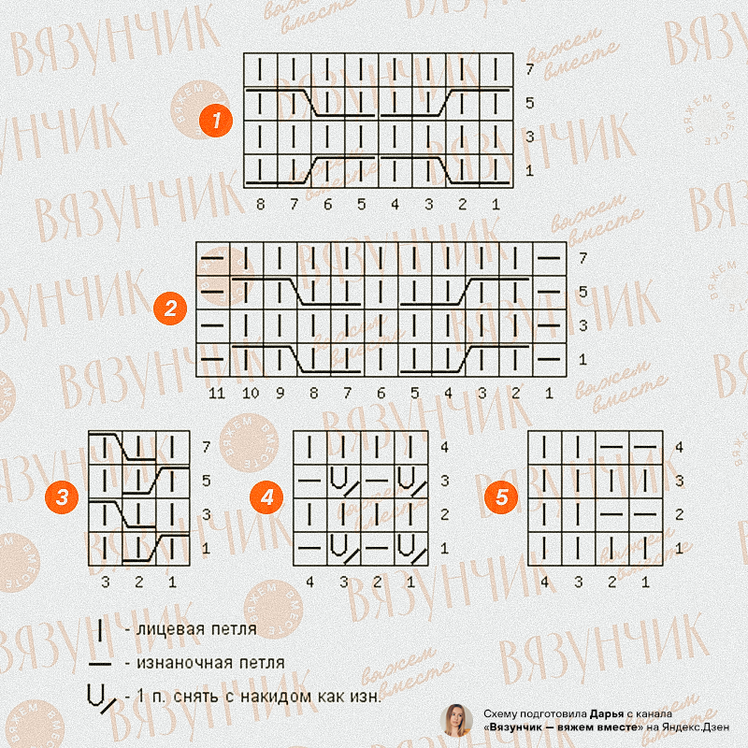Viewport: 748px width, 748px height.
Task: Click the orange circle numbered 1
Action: coord(216,120)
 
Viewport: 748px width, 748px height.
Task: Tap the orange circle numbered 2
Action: coord(170,309)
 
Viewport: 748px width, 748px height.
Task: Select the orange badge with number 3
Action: coord(62,497)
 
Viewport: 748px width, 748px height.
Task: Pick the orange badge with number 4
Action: coord(266,497)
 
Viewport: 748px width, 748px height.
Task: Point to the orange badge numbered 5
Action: coord(501,497)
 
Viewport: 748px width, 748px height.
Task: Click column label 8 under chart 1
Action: coord(260,204)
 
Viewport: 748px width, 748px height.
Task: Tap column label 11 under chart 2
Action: coord(217,393)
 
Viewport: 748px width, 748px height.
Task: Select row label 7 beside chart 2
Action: coord(583,258)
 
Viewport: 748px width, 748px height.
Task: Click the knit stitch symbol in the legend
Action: coord(100,629)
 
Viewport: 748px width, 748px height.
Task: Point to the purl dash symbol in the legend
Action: coord(100,664)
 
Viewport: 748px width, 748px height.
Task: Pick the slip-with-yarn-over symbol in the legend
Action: coord(101,698)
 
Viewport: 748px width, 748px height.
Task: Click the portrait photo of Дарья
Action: coord(456,720)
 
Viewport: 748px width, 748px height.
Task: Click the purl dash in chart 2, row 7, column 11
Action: coord(212,258)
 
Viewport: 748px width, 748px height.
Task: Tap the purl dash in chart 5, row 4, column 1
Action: coord(645,447)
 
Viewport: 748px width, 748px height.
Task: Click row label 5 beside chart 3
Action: coord(206,481)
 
